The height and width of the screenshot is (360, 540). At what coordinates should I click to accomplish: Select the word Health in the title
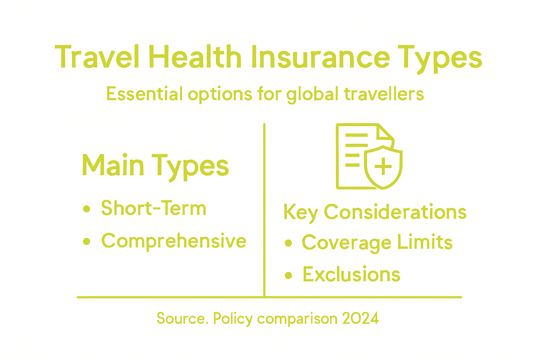(195, 57)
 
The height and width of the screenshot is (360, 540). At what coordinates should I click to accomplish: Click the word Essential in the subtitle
(144, 94)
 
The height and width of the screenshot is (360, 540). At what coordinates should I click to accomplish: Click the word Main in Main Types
(113, 165)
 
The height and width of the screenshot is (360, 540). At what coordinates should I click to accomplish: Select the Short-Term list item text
(154, 208)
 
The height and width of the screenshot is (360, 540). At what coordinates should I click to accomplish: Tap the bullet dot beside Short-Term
(87, 209)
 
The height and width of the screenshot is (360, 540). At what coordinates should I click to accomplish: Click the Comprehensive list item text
(174, 241)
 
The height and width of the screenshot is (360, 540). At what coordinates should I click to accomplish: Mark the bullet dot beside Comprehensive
(87, 242)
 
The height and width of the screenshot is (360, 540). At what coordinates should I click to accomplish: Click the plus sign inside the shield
(383, 166)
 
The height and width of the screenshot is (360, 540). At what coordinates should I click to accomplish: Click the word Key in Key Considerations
(301, 212)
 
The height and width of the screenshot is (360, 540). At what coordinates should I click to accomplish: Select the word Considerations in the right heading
(395, 212)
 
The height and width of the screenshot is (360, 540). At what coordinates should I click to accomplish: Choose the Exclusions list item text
(352, 275)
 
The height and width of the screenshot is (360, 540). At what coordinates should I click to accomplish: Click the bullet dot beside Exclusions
(289, 275)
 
